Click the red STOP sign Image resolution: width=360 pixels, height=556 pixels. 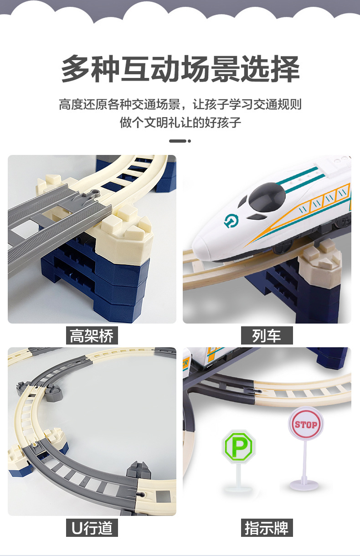click(305, 425)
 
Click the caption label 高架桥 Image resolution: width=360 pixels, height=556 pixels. click(92, 336)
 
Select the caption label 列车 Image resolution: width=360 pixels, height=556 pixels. click(267, 336)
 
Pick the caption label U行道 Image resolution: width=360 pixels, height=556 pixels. click(92, 528)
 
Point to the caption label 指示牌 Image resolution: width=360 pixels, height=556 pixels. click(267, 528)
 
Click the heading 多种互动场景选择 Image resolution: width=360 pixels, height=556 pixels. click(180, 69)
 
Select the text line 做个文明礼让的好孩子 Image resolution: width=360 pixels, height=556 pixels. click(180, 122)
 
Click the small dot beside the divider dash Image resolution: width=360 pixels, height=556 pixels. click(190, 141)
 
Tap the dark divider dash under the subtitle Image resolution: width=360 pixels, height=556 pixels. click(177, 141)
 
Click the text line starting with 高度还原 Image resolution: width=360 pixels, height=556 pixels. click(180, 104)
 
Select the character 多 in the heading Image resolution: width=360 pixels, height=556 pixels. click(76, 69)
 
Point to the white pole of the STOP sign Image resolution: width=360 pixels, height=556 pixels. click(304, 460)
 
